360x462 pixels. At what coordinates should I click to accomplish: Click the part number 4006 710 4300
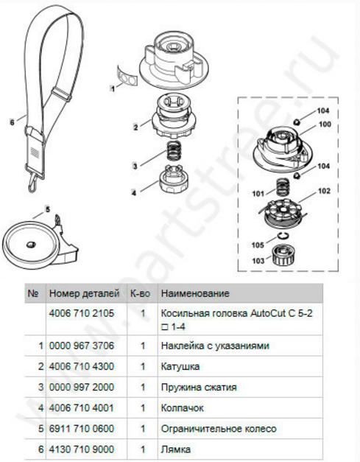click(82, 366)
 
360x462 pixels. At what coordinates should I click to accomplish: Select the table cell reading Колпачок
click(182, 407)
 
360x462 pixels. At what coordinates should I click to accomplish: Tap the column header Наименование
click(195, 293)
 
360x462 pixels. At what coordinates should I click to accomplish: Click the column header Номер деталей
click(84, 293)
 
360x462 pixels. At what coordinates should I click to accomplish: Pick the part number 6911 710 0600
click(82, 428)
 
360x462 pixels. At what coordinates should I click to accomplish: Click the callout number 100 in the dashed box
click(325, 125)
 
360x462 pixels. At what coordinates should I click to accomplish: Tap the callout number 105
click(258, 245)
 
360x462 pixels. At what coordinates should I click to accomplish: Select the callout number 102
click(324, 191)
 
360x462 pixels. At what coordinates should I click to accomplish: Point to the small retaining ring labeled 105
click(282, 235)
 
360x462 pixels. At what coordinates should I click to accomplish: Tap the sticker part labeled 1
click(127, 77)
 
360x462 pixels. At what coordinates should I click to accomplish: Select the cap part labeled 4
click(174, 178)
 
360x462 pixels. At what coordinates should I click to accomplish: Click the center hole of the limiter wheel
click(31, 245)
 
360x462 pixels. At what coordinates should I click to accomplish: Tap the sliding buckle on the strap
click(61, 94)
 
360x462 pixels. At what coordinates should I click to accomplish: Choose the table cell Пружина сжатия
click(199, 387)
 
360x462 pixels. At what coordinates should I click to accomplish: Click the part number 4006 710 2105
click(82, 313)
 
